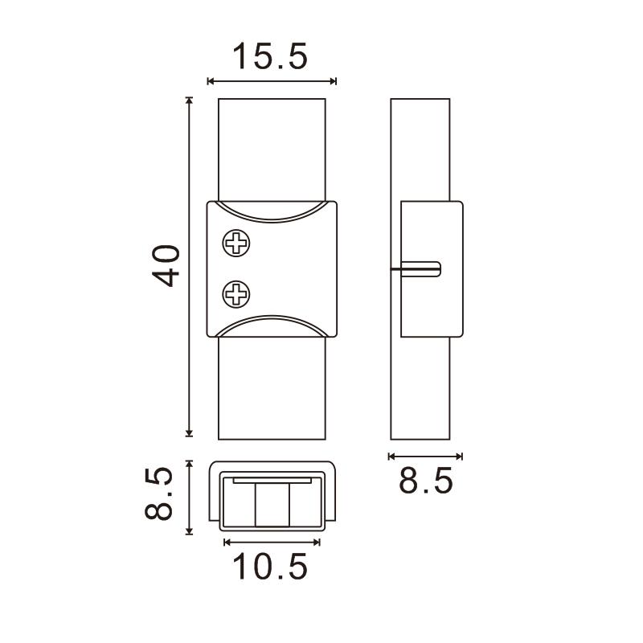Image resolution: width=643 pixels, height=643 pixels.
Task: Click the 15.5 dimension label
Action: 270,56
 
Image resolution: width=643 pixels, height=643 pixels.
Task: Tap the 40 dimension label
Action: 166,266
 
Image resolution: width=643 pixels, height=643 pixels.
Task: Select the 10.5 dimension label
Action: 270,567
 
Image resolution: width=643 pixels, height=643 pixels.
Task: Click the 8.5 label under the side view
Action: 426,480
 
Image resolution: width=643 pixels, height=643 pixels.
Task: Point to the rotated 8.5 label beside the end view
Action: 158,494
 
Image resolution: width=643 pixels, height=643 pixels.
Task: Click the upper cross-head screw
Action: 236,244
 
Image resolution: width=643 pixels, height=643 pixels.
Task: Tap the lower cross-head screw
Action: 236,294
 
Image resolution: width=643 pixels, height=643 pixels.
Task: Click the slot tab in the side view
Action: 420,269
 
